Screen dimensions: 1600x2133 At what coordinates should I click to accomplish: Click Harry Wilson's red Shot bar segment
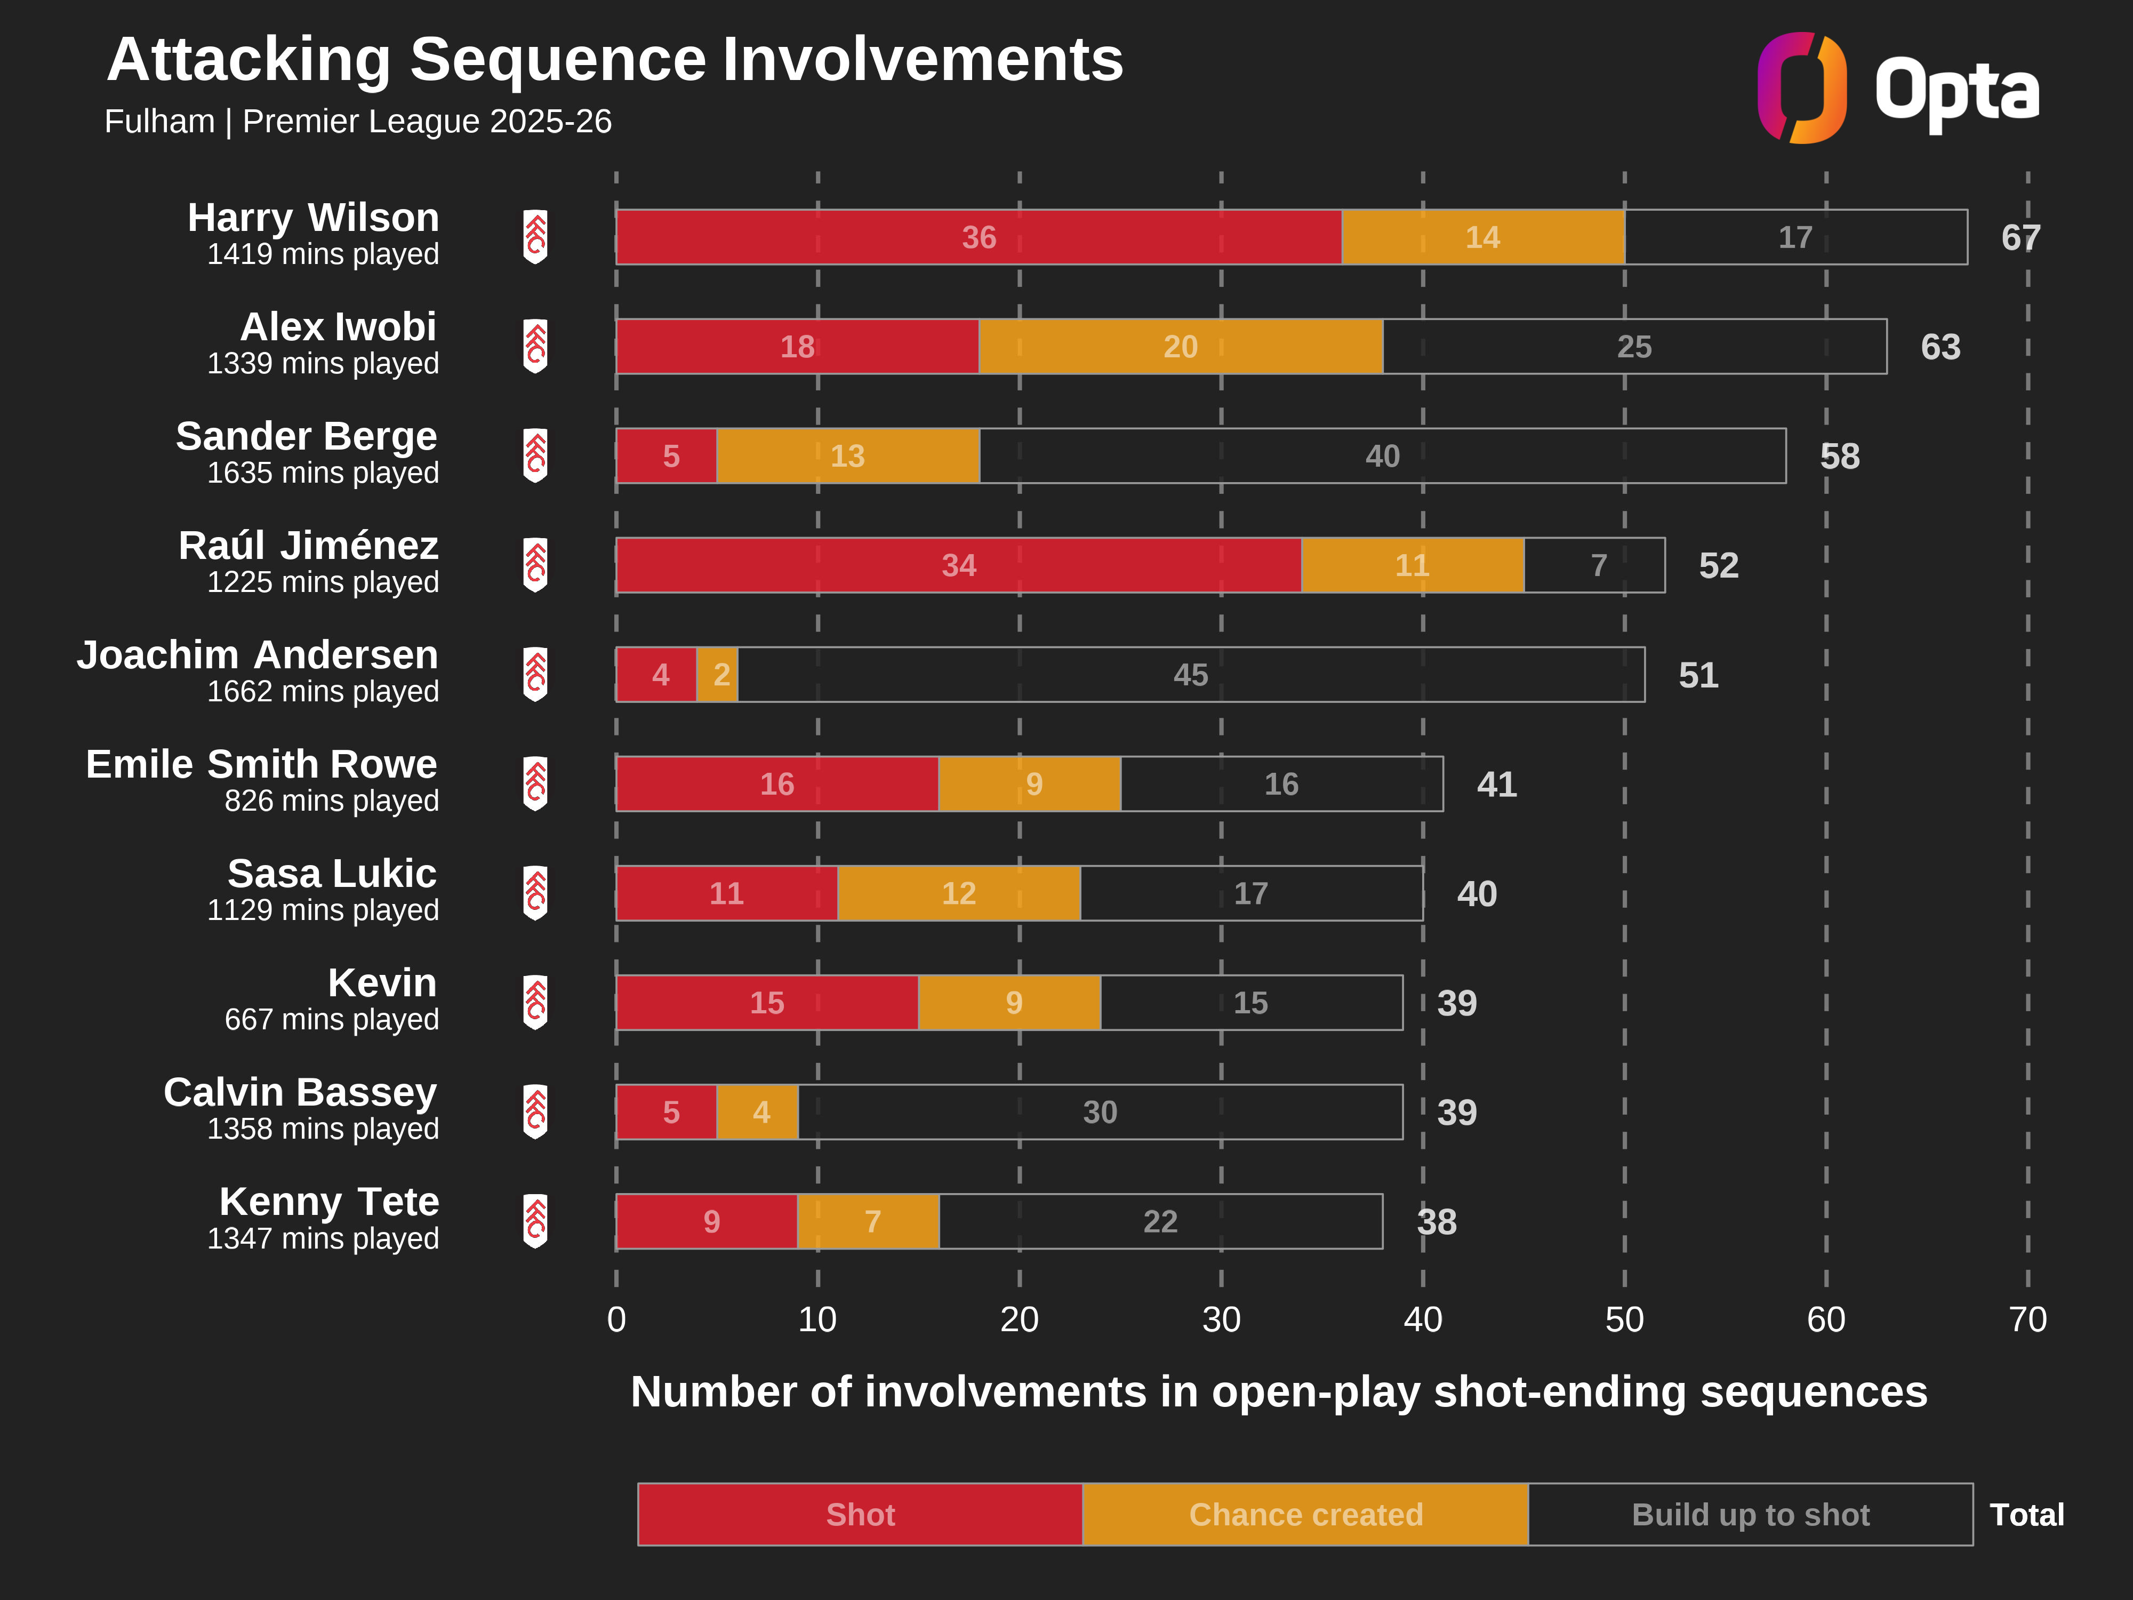pyautogui.click(x=978, y=237)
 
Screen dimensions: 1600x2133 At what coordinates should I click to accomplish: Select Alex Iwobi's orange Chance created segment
pyautogui.click(x=1180, y=346)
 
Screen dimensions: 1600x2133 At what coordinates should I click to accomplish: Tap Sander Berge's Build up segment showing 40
pyautogui.click(x=1382, y=456)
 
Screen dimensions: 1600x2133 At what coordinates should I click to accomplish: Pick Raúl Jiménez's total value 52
pyautogui.click(x=1718, y=566)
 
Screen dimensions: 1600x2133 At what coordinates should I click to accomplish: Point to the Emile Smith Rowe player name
pyautogui.click(x=261, y=764)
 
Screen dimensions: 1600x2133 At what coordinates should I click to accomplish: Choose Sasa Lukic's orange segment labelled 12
pyautogui.click(x=958, y=893)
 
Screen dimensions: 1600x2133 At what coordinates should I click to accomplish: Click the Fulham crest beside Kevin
pyautogui.click(x=535, y=1003)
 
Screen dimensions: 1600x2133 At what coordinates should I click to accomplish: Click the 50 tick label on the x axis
pyautogui.click(x=1624, y=1319)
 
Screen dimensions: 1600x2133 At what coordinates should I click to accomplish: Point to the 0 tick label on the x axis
pyautogui.click(x=616, y=1319)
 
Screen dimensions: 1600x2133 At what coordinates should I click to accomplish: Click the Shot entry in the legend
pyautogui.click(x=860, y=1514)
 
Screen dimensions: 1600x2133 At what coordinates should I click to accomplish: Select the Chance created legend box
pyautogui.click(x=1305, y=1514)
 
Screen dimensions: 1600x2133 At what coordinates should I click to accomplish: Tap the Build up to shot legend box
pyautogui.click(x=1750, y=1514)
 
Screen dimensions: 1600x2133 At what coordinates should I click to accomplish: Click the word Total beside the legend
pyautogui.click(x=2027, y=1514)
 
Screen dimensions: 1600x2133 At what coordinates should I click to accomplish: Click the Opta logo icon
pyautogui.click(x=1801, y=88)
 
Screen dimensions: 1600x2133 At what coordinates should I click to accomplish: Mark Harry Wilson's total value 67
pyautogui.click(x=2020, y=237)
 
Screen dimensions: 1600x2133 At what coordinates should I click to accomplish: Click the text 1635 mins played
pyautogui.click(x=323, y=473)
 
